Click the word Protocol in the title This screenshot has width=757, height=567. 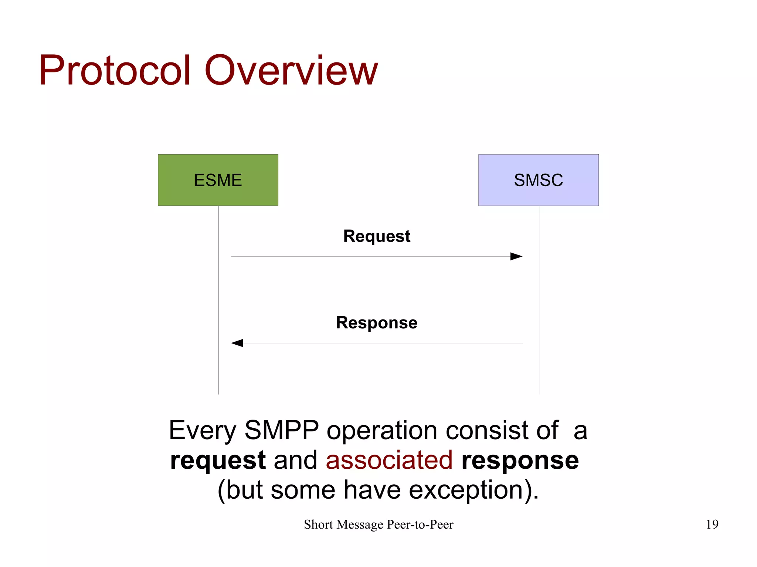point(115,70)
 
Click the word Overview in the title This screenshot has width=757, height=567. point(291,70)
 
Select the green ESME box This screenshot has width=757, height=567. point(218,180)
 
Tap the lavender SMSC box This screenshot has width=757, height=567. point(538,180)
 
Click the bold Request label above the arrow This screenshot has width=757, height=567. point(377,236)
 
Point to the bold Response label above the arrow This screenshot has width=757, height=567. point(377,322)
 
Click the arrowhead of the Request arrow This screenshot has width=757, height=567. point(516,256)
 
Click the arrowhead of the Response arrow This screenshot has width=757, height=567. point(237,343)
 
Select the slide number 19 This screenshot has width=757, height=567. point(712,524)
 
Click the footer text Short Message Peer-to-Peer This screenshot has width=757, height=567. point(378,524)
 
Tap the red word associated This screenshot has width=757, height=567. point(389,460)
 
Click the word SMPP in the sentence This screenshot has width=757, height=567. point(282,430)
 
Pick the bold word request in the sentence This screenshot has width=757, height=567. point(218,461)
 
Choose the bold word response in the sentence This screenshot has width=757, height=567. point(520,461)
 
